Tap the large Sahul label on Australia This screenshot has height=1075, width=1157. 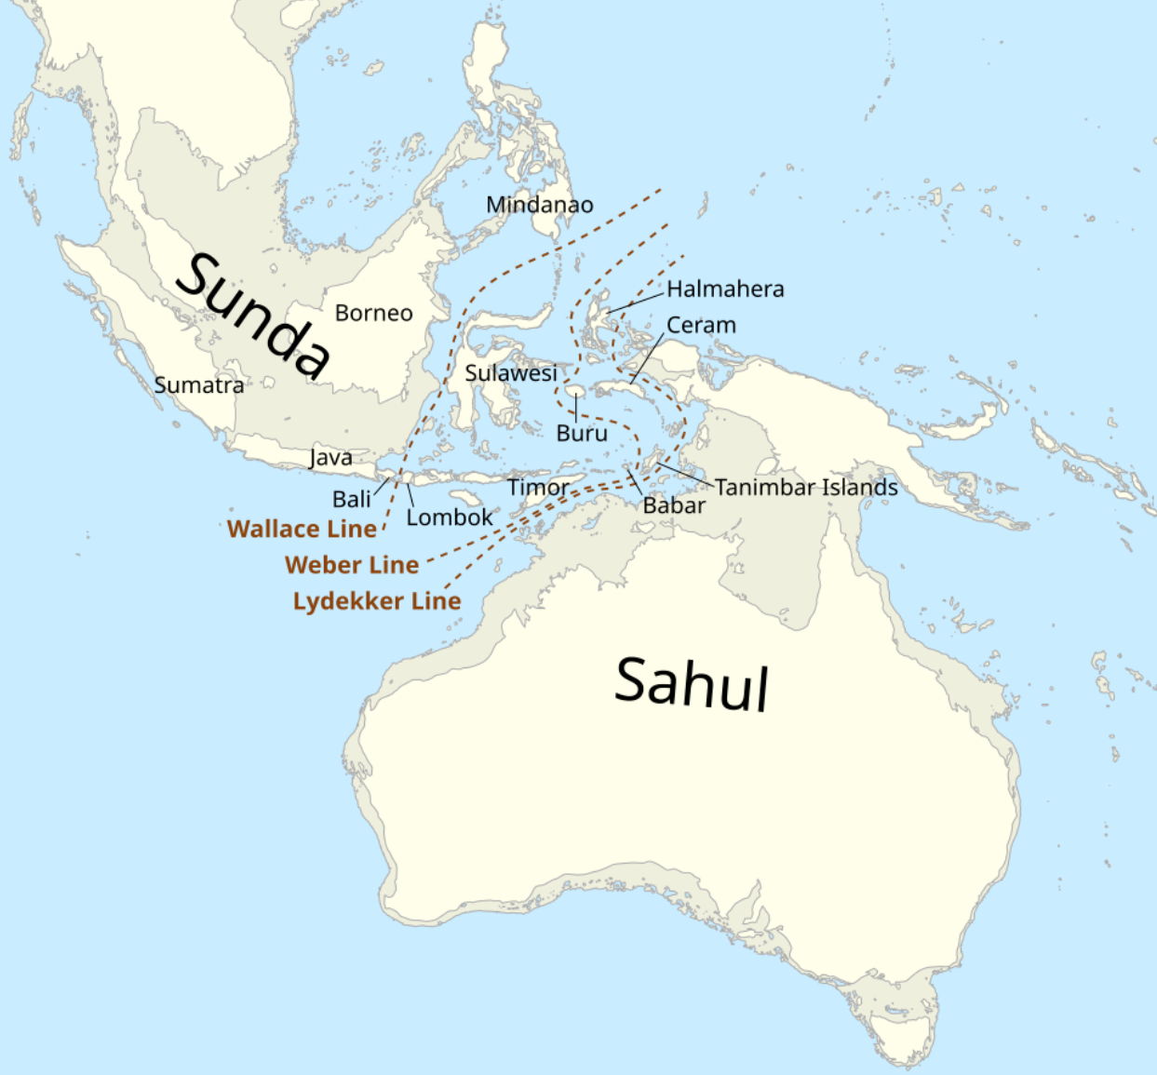(x=692, y=683)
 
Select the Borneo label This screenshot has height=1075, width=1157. (x=373, y=313)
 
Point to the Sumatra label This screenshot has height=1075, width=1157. (x=198, y=385)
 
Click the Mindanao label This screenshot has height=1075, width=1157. (x=539, y=205)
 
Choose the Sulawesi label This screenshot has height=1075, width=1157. (x=511, y=373)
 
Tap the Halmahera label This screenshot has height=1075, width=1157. (x=725, y=289)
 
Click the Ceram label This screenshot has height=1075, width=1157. (x=701, y=325)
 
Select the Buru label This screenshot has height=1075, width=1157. (x=582, y=433)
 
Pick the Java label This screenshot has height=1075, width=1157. (x=330, y=457)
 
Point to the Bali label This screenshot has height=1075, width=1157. (x=351, y=499)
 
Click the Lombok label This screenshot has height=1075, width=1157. (x=449, y=517)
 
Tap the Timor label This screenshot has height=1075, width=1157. (x=537, y=487)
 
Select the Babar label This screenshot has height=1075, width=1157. (x=674, y=505)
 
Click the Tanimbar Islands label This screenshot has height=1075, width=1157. (x=806, y=487)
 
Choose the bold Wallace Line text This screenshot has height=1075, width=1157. (x=302, y=529)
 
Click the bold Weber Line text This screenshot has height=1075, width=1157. (x=352, y=565)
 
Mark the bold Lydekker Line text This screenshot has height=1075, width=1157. (x=377, y=601)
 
